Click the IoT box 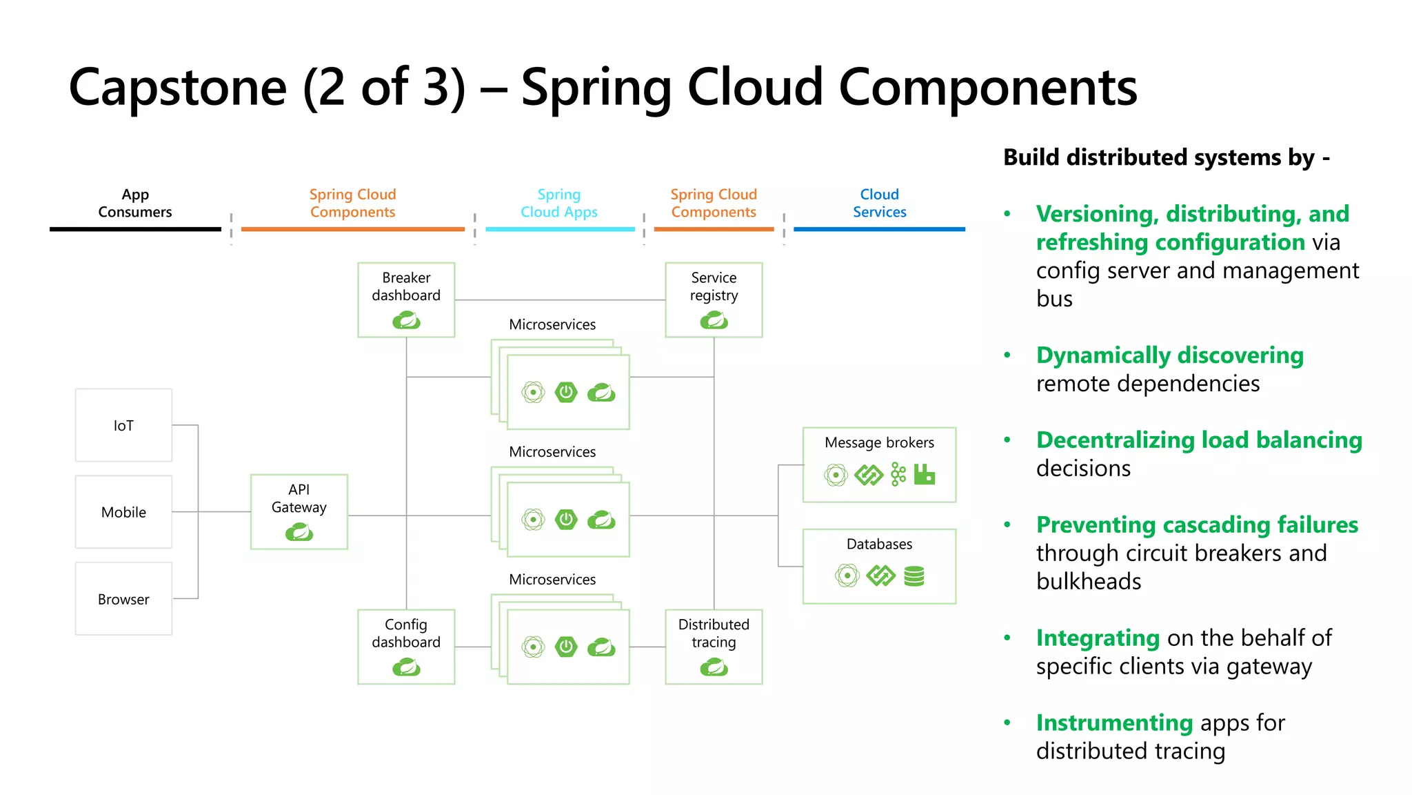click(123, 425)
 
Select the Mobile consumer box click(123, 512)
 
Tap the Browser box click(123, 599)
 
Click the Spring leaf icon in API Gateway click(299, 532)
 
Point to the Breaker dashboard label click(406, 286)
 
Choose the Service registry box click(714, 300)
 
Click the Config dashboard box click(406, 646)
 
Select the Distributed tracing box click(714, 646)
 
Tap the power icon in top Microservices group click(566, 392)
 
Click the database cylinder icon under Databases click(914, 576)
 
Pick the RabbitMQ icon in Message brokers click(925, 474)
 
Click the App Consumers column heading click(135, 203)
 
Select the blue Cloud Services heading click(879, 203)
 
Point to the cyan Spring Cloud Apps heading click(559, 203)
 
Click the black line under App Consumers click(135, 229)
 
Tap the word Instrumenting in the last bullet click(1114, 723)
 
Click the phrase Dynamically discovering click(1169, 355)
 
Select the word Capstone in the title click(178, 88)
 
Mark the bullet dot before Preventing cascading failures click(1007, 524)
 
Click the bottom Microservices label click(552, 580)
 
